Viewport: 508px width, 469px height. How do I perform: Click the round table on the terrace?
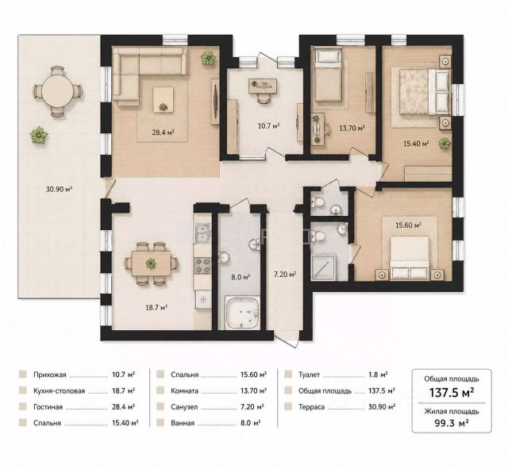[58, 91]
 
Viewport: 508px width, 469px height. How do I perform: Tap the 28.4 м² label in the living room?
[164, 133]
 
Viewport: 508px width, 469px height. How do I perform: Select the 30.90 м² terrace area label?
[59, 189]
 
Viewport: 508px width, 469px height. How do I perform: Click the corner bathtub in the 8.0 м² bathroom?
[242, 313]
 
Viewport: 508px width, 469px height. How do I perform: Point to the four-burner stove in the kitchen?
[202, 265]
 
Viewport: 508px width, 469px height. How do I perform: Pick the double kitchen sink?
[202, 233]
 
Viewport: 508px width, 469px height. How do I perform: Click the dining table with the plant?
[151, 263]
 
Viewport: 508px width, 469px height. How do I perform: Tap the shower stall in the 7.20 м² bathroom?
[324, 267]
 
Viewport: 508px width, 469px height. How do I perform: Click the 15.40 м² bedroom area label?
[416, 144]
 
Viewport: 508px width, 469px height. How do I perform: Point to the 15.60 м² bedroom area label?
[408, 225]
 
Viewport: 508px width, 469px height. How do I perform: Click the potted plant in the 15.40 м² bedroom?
[444, 143]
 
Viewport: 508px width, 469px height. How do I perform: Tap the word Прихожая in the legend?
[49, 375]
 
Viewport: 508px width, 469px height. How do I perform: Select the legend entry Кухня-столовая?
[59, 391]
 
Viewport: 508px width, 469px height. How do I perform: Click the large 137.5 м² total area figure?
[452, 393]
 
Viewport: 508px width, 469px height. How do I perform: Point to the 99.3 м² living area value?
[452, 422]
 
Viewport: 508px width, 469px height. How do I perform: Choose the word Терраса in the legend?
[311, 407]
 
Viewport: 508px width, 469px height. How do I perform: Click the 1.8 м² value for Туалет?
[378, 375]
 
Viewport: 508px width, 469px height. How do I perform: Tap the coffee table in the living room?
[163, 100]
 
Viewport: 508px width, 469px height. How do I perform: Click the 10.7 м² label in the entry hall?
[268, 125]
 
